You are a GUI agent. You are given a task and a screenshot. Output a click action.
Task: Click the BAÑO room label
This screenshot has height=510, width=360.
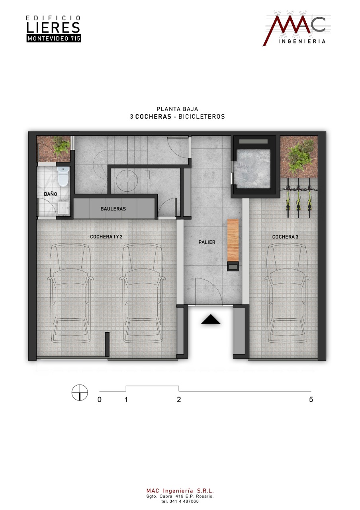click(51, 194)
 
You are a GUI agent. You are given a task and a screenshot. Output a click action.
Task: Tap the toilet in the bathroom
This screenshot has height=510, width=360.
click(63, 176)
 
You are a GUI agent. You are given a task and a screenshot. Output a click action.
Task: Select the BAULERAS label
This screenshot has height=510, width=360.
click(113, 208)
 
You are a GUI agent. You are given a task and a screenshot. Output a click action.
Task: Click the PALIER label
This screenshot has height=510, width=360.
click(207, 242)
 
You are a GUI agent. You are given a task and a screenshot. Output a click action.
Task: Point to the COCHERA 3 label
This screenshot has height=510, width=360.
click(285, 237)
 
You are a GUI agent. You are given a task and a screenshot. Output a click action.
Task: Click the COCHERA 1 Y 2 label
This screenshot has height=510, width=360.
click(106, 237)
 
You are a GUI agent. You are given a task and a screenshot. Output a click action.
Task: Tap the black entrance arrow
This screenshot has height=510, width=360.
click(211, 319)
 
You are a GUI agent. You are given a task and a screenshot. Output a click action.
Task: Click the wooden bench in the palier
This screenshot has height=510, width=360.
click(233, 240)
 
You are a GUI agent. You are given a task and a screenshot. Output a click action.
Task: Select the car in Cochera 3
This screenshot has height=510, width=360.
click(287, 293)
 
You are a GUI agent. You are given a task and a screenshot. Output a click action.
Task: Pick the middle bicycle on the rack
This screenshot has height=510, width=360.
click(298, 198)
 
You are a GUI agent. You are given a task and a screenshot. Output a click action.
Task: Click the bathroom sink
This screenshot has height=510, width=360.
click(64, 208)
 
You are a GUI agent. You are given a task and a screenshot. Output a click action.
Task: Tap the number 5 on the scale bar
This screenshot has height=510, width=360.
click(311, 399)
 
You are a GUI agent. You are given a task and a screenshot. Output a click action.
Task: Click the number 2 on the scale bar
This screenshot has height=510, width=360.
click(179, 399)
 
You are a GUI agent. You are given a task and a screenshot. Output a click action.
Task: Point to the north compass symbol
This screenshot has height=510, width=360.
click(80, 392)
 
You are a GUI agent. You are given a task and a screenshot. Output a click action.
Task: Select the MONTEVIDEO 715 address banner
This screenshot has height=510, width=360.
click(54, 39)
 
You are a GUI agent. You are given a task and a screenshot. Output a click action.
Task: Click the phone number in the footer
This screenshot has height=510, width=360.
click(180, 501)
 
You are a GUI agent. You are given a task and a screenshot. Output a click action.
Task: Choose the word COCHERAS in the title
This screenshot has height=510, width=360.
click(153, 117)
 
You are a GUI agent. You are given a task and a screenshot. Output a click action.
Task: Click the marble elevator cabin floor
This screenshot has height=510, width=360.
click(253, 169)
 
